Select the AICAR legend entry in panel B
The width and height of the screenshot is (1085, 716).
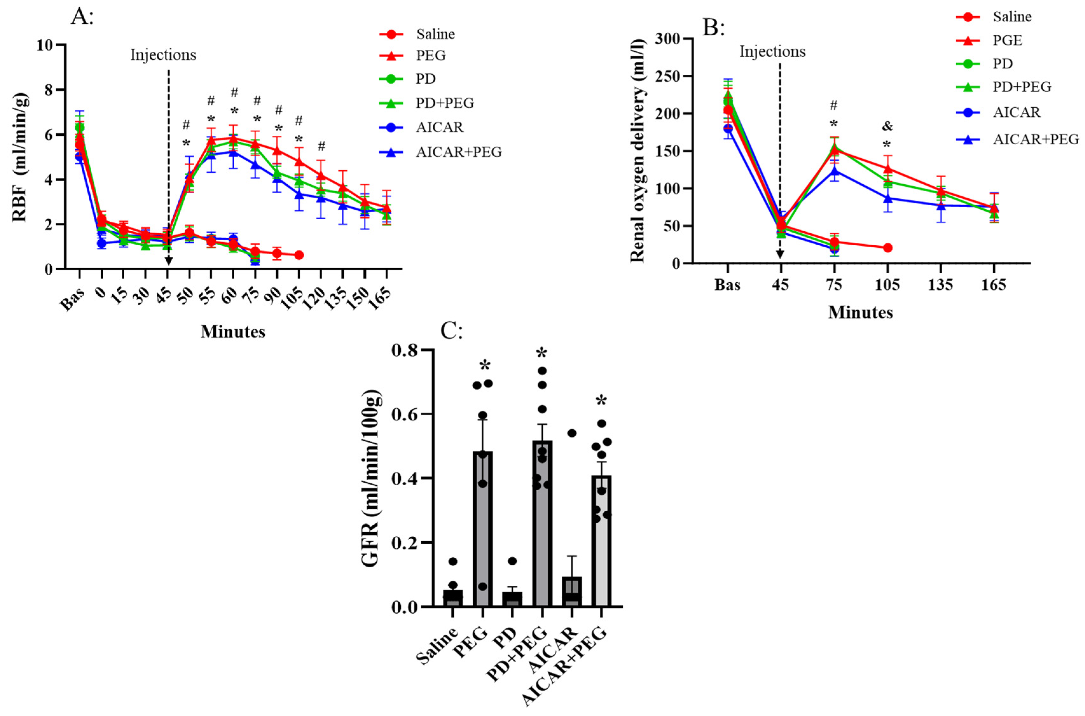tap(1017, 112)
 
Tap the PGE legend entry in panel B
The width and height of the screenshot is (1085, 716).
tap(1008, 41)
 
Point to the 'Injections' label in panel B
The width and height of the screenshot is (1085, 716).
tap(772, 51)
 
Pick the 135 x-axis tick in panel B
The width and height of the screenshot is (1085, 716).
tap(940, 285)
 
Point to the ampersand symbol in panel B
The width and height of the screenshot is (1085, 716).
tap(887, 126)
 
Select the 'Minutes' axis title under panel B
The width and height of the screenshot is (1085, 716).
tap(860, 312)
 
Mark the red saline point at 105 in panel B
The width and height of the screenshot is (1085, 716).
tap(887, 248)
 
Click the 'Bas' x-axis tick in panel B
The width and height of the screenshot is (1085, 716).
tap(727, 285)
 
